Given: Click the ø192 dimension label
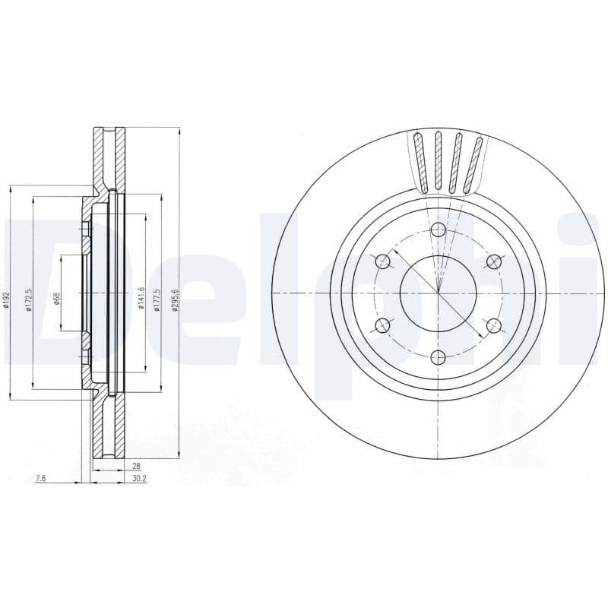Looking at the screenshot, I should point(5,299).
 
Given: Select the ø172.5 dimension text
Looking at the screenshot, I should point(28,299).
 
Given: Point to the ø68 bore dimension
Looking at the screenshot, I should point(57,299).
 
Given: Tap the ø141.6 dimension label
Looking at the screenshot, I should point(141,299).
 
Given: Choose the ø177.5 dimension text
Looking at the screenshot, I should point(157,299).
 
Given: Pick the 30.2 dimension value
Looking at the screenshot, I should point(138,479).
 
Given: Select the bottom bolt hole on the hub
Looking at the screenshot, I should point(439,356).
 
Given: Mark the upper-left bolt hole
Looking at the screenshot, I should point(383,262).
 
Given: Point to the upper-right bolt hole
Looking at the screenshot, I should point(494,262).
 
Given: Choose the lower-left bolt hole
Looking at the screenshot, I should point(383,326).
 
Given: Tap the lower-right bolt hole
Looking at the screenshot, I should point(494,326).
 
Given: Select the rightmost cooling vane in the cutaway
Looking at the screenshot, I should point(473,164).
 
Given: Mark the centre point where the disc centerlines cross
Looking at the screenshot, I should point(439,293).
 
